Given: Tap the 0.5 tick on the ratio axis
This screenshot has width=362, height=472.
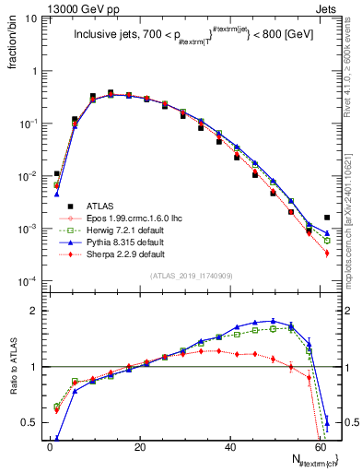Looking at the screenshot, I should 30,422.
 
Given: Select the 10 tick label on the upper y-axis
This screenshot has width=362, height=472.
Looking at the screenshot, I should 30,18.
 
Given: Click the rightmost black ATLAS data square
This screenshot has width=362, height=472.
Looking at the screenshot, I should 327,218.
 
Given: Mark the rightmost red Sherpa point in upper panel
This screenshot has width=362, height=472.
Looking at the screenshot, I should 327,253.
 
